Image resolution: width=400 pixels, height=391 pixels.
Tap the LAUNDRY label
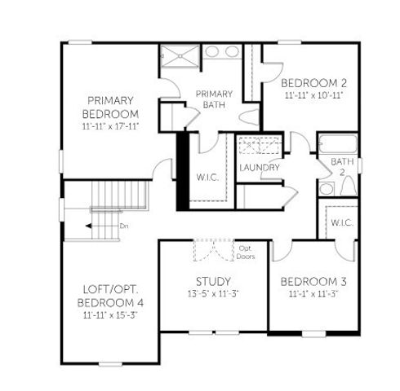point(260,168)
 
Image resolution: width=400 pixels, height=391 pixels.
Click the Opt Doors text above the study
point(246,251)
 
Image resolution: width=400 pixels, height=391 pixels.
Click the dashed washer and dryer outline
point(260,148)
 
